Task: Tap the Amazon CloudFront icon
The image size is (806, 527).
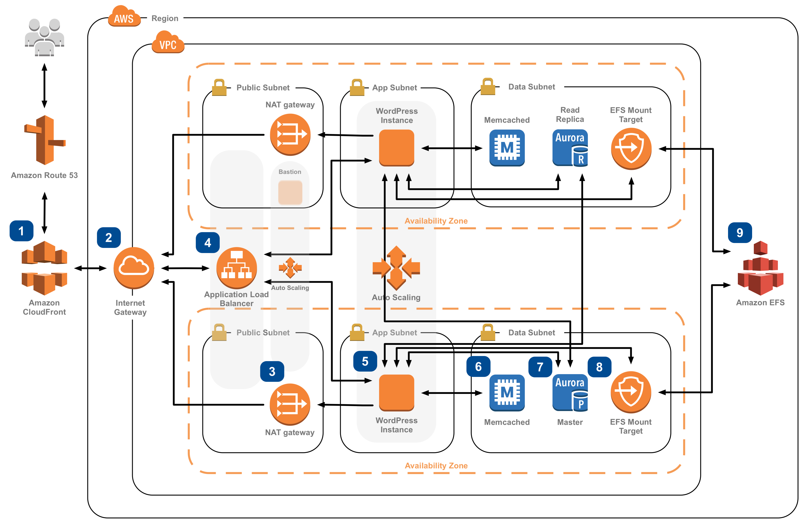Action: click(x=44, y=268)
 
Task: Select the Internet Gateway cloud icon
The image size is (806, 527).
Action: click(x=134, y=268)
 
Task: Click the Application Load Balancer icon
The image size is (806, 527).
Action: click(x=236, y=268)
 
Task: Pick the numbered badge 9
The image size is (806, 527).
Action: click(x=740, y=233)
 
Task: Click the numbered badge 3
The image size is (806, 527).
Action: click(x=272, y=371)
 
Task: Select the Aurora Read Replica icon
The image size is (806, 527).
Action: click(x=570, y=148)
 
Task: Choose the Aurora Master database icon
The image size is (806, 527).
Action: click(x=570, y=392)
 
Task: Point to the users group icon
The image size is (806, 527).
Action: click(x=44, y=37)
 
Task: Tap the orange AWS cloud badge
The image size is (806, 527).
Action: click(x=124, y=17)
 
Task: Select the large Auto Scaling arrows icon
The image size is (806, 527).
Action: click(x=396, y=268)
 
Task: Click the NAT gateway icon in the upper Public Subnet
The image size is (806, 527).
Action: click(x=290, y=135)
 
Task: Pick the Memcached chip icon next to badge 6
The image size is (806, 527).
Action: click(x=507, y=392)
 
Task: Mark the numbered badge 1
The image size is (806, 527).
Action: click(x=21, y=231)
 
